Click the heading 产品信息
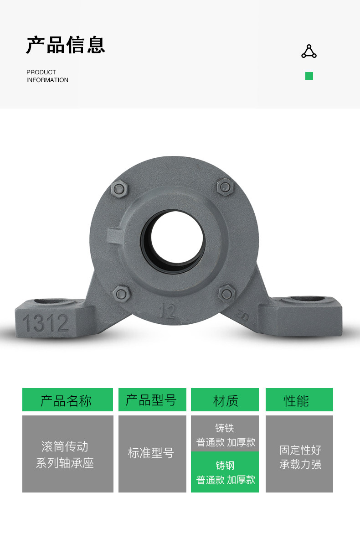tap(66, 45)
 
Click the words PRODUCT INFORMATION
tap(47, 76)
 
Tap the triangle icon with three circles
tap(309, 51)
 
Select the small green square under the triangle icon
tap(309, 76)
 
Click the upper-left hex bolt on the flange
tap(119, 189)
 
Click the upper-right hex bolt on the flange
tap(225, 187)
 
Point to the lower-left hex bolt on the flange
tap(121, 294)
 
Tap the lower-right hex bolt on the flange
tap(226, 293)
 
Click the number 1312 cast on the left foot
tap(46, 323)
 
